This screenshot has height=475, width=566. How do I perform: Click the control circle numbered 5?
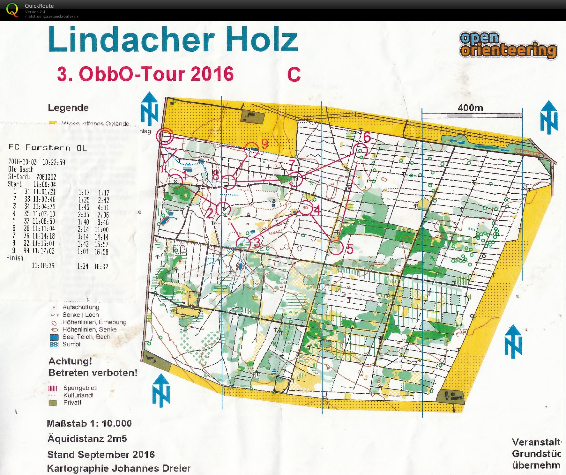(336, 248)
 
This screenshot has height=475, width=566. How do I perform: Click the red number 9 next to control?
(264, 145)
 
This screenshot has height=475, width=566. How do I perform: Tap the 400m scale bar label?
(470, 108)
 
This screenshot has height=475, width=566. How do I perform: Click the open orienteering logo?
(508, 46)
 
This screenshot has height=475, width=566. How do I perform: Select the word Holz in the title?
(261, 40)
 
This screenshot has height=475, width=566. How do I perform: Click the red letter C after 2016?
(294, 75)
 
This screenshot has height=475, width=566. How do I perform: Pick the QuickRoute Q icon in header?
(12, 10)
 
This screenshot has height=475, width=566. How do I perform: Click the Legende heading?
(68, 108)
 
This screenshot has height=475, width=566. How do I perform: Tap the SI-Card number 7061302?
(46, 177)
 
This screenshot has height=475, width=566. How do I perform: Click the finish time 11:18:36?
(43, 265)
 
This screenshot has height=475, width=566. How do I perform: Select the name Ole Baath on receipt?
(21, 169)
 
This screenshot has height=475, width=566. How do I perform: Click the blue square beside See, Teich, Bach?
(54, 337)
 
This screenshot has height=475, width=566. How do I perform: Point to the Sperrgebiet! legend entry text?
(80, 388)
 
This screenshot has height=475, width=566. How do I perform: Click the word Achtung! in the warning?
(70, 361)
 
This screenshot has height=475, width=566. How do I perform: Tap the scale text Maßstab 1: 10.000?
(89, 423)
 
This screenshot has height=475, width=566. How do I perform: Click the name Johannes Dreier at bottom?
(151, 468)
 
